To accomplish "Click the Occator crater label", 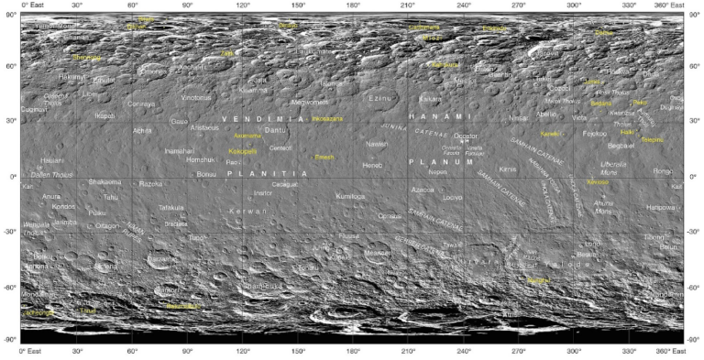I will (466, 136).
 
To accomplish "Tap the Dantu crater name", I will (276, 131).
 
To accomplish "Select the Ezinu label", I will (379, 97).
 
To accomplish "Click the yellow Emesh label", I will (324, 157).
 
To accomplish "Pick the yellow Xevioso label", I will (598, 181).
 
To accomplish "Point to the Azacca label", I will (423, 189).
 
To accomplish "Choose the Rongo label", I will (663, 170).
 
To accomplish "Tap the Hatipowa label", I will (660, 207).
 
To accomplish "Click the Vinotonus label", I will (195, 97).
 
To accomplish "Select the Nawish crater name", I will (377, 144).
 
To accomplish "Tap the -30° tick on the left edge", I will (8, 232).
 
